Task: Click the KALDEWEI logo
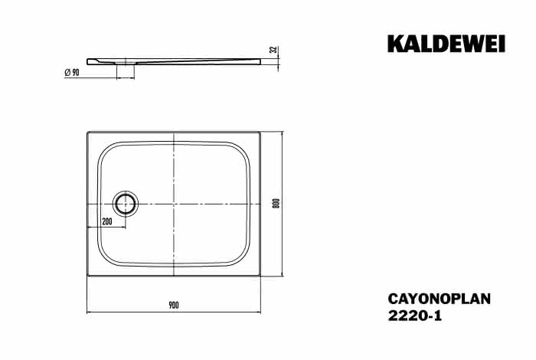click(446, 44)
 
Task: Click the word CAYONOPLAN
click(440, 299)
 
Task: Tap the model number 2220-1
click(415, 316)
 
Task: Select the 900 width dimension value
click(174, 305)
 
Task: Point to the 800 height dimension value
click(277, 204)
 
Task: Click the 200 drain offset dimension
click(107, 221)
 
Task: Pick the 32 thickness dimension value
click(273, 50)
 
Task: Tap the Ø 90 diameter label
click(72, 73)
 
